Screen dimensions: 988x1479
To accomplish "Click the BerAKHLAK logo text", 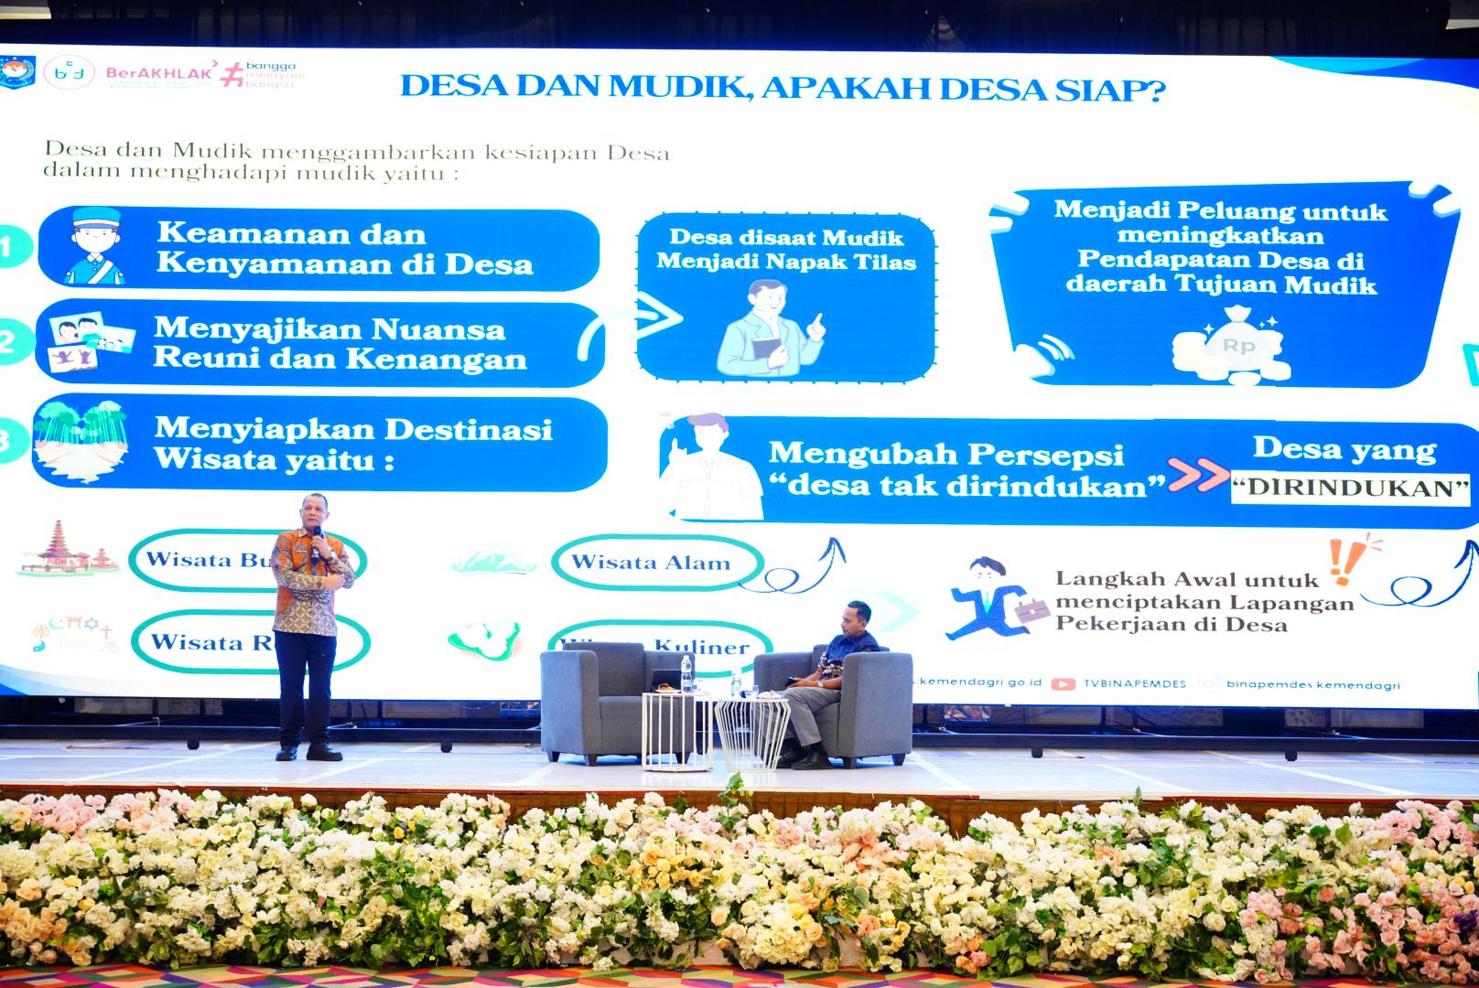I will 159,72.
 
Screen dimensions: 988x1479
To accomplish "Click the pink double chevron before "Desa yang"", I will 1198,475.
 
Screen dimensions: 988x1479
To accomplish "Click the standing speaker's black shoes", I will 310,752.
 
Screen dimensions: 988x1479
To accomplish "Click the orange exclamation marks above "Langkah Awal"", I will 1344,559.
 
